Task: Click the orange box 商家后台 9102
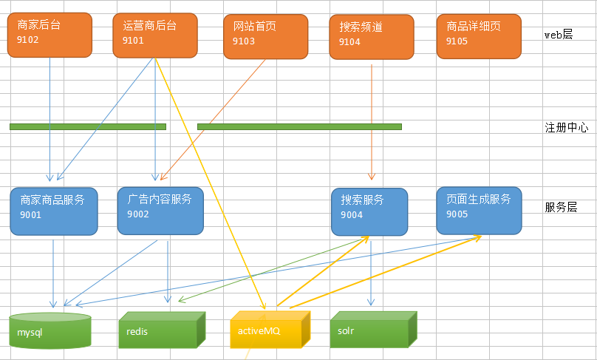[50, 34]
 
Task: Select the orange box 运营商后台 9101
[155, 34]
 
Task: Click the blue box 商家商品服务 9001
[53, 211]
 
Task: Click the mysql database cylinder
[50, 331]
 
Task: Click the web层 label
[559, 34]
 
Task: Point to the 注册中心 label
[566, 127]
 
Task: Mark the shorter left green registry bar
[88, 126]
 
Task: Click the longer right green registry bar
[299, 126]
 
